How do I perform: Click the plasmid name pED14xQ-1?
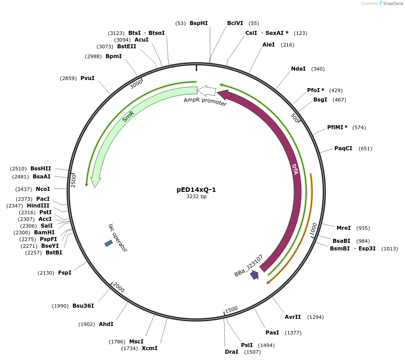(x=196, y=190)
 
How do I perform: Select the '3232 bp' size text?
(x=196, y=196)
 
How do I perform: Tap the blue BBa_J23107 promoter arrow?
(x=254, y=275)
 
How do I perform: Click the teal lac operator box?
(x=109, y=243)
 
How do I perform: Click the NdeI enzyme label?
(x=298, y=69)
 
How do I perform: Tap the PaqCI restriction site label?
(x=343, y=148)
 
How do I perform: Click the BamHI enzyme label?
(x=44, y=232)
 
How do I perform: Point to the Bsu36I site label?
(x=83, y=306)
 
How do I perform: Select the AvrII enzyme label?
(x=293, y=317)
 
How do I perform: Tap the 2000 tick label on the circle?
(x=118, y=287)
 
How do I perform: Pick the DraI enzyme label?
(x=232, y=352)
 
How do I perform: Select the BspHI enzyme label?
(x=198, y=23)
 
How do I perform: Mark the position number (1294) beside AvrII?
(x=315, y=317)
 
